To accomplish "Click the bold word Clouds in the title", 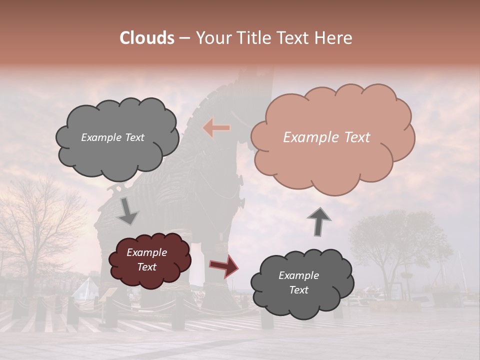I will tap(147, 38).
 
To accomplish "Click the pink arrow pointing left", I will tap(216, 128).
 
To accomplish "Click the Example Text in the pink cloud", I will tap(326, 137).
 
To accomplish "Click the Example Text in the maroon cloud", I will tap(146, 260).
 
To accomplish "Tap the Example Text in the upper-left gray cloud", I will tap(112, 137).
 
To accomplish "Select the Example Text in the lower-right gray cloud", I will tap(298, 283).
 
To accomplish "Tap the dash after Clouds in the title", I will tap(184, 38).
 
